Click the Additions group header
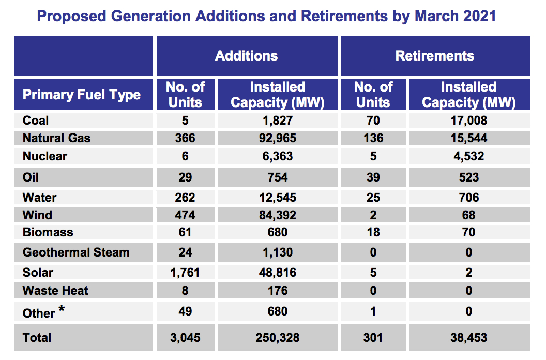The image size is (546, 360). [x=246, y=56]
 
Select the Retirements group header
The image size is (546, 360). [x=434, y=56]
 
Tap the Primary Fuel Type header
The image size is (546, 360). [x=82, y=95]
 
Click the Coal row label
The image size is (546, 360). [x=36, y=121]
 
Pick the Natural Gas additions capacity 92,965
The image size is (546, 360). [x=277, y=138]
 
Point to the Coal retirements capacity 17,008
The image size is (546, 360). [x=468, y=121]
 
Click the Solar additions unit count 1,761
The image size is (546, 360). [x=185, y=273]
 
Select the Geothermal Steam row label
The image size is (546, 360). [x=76, y=252]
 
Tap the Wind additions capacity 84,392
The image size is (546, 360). [x=277, y=215]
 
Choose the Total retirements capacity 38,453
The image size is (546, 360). [x=468, y=338]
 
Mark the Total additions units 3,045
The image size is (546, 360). [x=185, y=338]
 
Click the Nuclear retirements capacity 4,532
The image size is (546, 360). [x=468, y=156]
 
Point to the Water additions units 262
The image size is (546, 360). [x=185, y=197]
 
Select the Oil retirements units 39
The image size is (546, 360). [x=373, y=177]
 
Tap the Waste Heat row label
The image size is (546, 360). [x=55, y=291]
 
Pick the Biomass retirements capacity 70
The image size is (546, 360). [x=468, y=232]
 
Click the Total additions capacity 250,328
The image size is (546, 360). [x=277, y=338]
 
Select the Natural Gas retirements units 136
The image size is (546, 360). [x=373, y=138]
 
